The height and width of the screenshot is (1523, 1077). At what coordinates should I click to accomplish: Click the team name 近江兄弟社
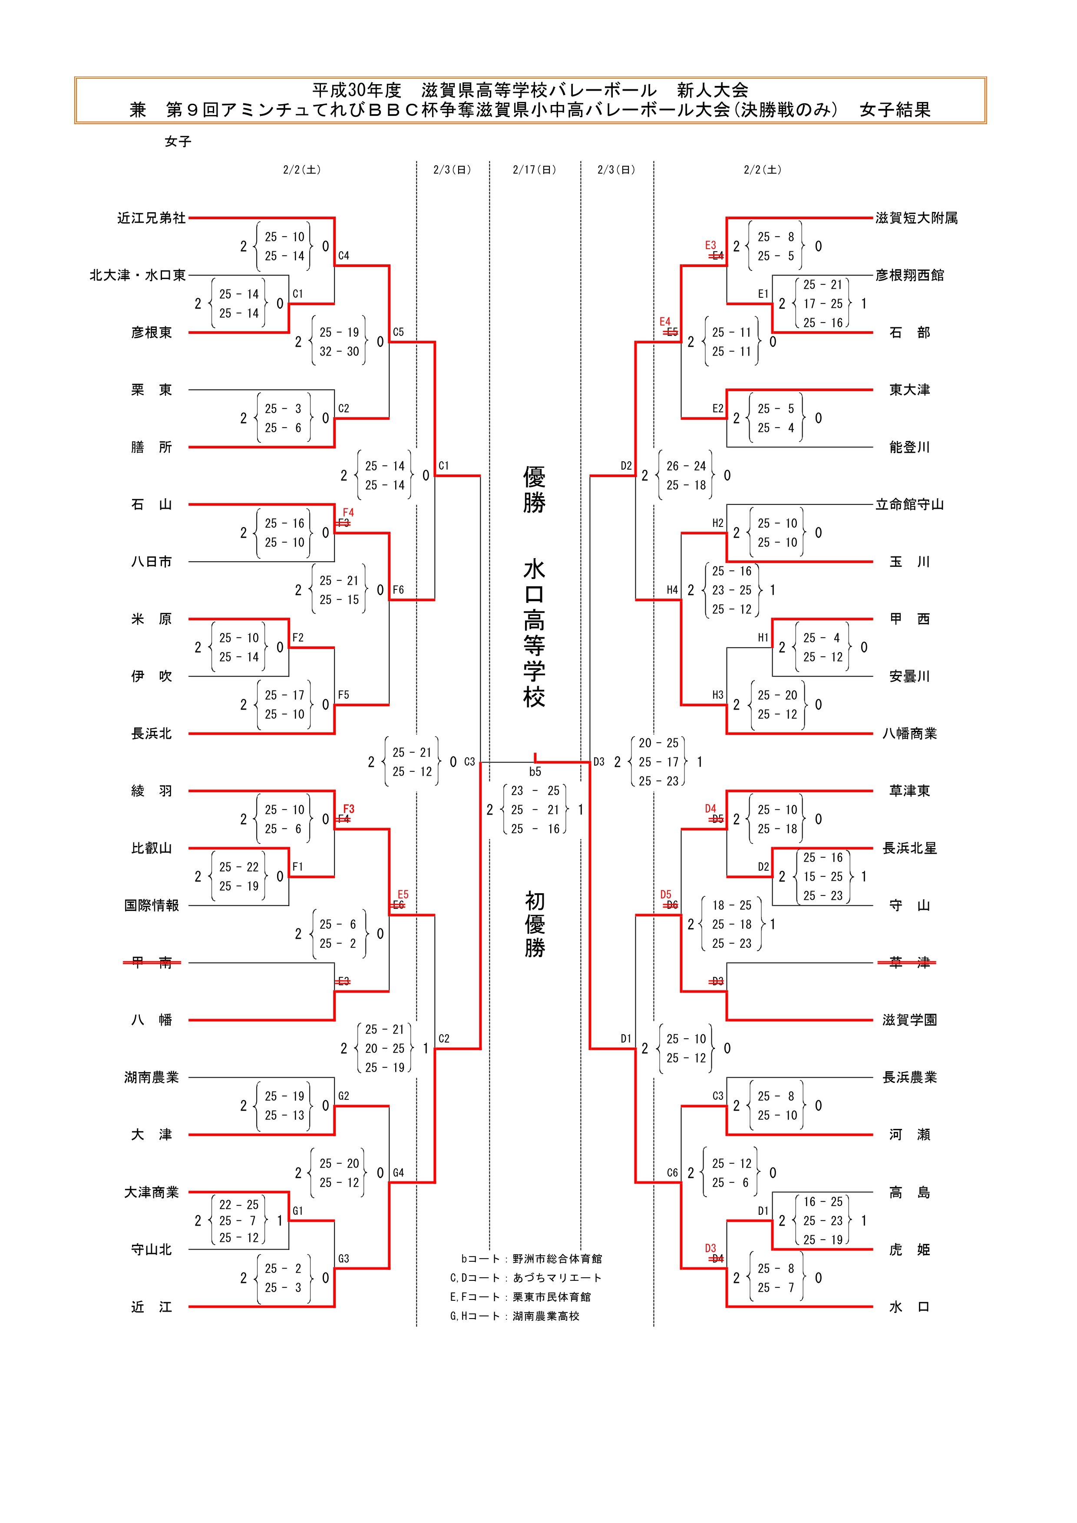tap(151, 218)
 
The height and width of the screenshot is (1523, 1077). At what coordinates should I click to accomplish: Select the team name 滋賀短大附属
tap(916, 218)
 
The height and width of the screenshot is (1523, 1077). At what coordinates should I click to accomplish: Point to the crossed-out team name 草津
tap(909, 963)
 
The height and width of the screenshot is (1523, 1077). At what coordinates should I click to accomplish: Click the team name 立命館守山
tap(909, 505)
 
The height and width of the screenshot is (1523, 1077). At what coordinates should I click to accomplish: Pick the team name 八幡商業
tap(909, 734)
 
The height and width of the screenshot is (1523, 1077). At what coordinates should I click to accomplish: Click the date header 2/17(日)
tap(534, 170)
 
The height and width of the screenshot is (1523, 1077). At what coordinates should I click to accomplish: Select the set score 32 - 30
tap(339, 352)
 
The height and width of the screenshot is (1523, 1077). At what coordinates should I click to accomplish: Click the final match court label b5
tap(535, 771)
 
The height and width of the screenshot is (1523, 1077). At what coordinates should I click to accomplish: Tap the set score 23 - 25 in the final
tap(535, 791)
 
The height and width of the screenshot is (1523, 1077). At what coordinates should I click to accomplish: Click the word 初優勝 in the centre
tap(535, 924)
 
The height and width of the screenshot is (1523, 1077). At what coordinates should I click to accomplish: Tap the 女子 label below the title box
tap(178, 141)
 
